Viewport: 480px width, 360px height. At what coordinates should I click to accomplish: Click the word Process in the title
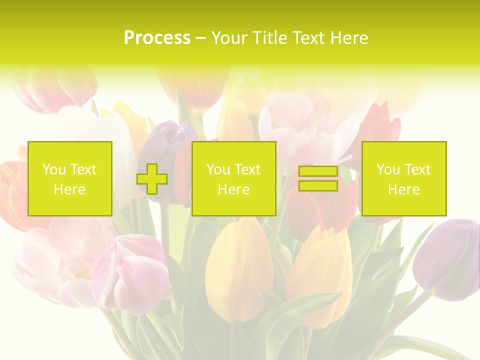157,38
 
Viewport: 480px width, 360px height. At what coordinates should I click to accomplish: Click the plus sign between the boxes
152,178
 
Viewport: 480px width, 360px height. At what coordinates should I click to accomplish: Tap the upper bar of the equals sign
318,171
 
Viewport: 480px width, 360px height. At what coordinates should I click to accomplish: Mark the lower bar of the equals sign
318,185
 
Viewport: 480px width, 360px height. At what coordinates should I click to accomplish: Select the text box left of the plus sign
70,178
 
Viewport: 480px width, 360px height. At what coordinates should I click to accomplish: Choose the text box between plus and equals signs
233,178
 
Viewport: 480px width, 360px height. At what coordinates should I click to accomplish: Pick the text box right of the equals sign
403,178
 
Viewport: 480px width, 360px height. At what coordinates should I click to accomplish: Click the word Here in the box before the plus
70,189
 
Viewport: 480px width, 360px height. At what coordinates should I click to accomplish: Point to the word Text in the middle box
247,169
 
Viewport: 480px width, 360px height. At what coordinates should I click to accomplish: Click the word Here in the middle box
233,189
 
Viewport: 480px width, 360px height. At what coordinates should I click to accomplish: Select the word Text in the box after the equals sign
417,169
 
